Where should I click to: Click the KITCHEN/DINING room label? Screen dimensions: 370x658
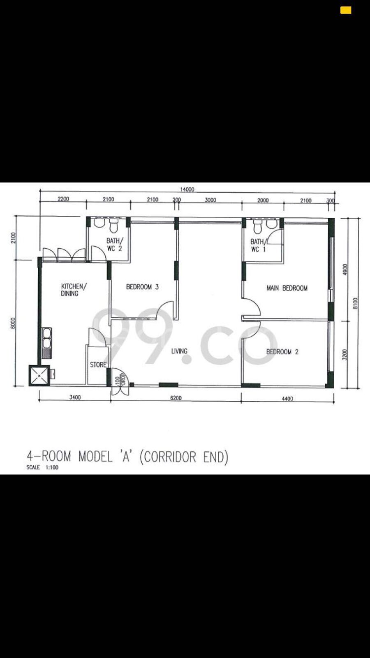(x=74, y=290)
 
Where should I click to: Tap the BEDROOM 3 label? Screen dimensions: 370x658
(x=142, y=287)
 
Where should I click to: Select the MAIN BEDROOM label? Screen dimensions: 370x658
(x=287, y=288)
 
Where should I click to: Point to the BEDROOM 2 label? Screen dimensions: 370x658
(x=282, y=352)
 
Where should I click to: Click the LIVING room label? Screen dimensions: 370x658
(x=179, y=351)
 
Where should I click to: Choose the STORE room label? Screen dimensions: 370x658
(x=98, y=365)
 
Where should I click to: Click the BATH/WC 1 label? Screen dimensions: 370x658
(x=258, y=246)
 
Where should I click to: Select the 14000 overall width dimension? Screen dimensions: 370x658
(x=187, y=189)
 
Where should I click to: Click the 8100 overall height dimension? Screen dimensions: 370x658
(x=355, y=303)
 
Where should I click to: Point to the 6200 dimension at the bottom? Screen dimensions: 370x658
(x=176, y=398)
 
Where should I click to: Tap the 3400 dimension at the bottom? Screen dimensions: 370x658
(x=75, y=397)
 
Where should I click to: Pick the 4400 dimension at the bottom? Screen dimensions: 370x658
(x=287, y=399)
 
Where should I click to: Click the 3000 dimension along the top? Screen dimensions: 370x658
(x=210, y=200)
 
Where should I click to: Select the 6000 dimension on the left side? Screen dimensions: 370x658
(x=13, y=323)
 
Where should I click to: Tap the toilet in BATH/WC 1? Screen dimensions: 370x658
(x=258, y=227)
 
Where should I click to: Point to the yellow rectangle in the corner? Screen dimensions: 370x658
(x=346, y=10)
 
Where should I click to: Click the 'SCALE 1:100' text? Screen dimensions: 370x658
(x=42, y=467)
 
